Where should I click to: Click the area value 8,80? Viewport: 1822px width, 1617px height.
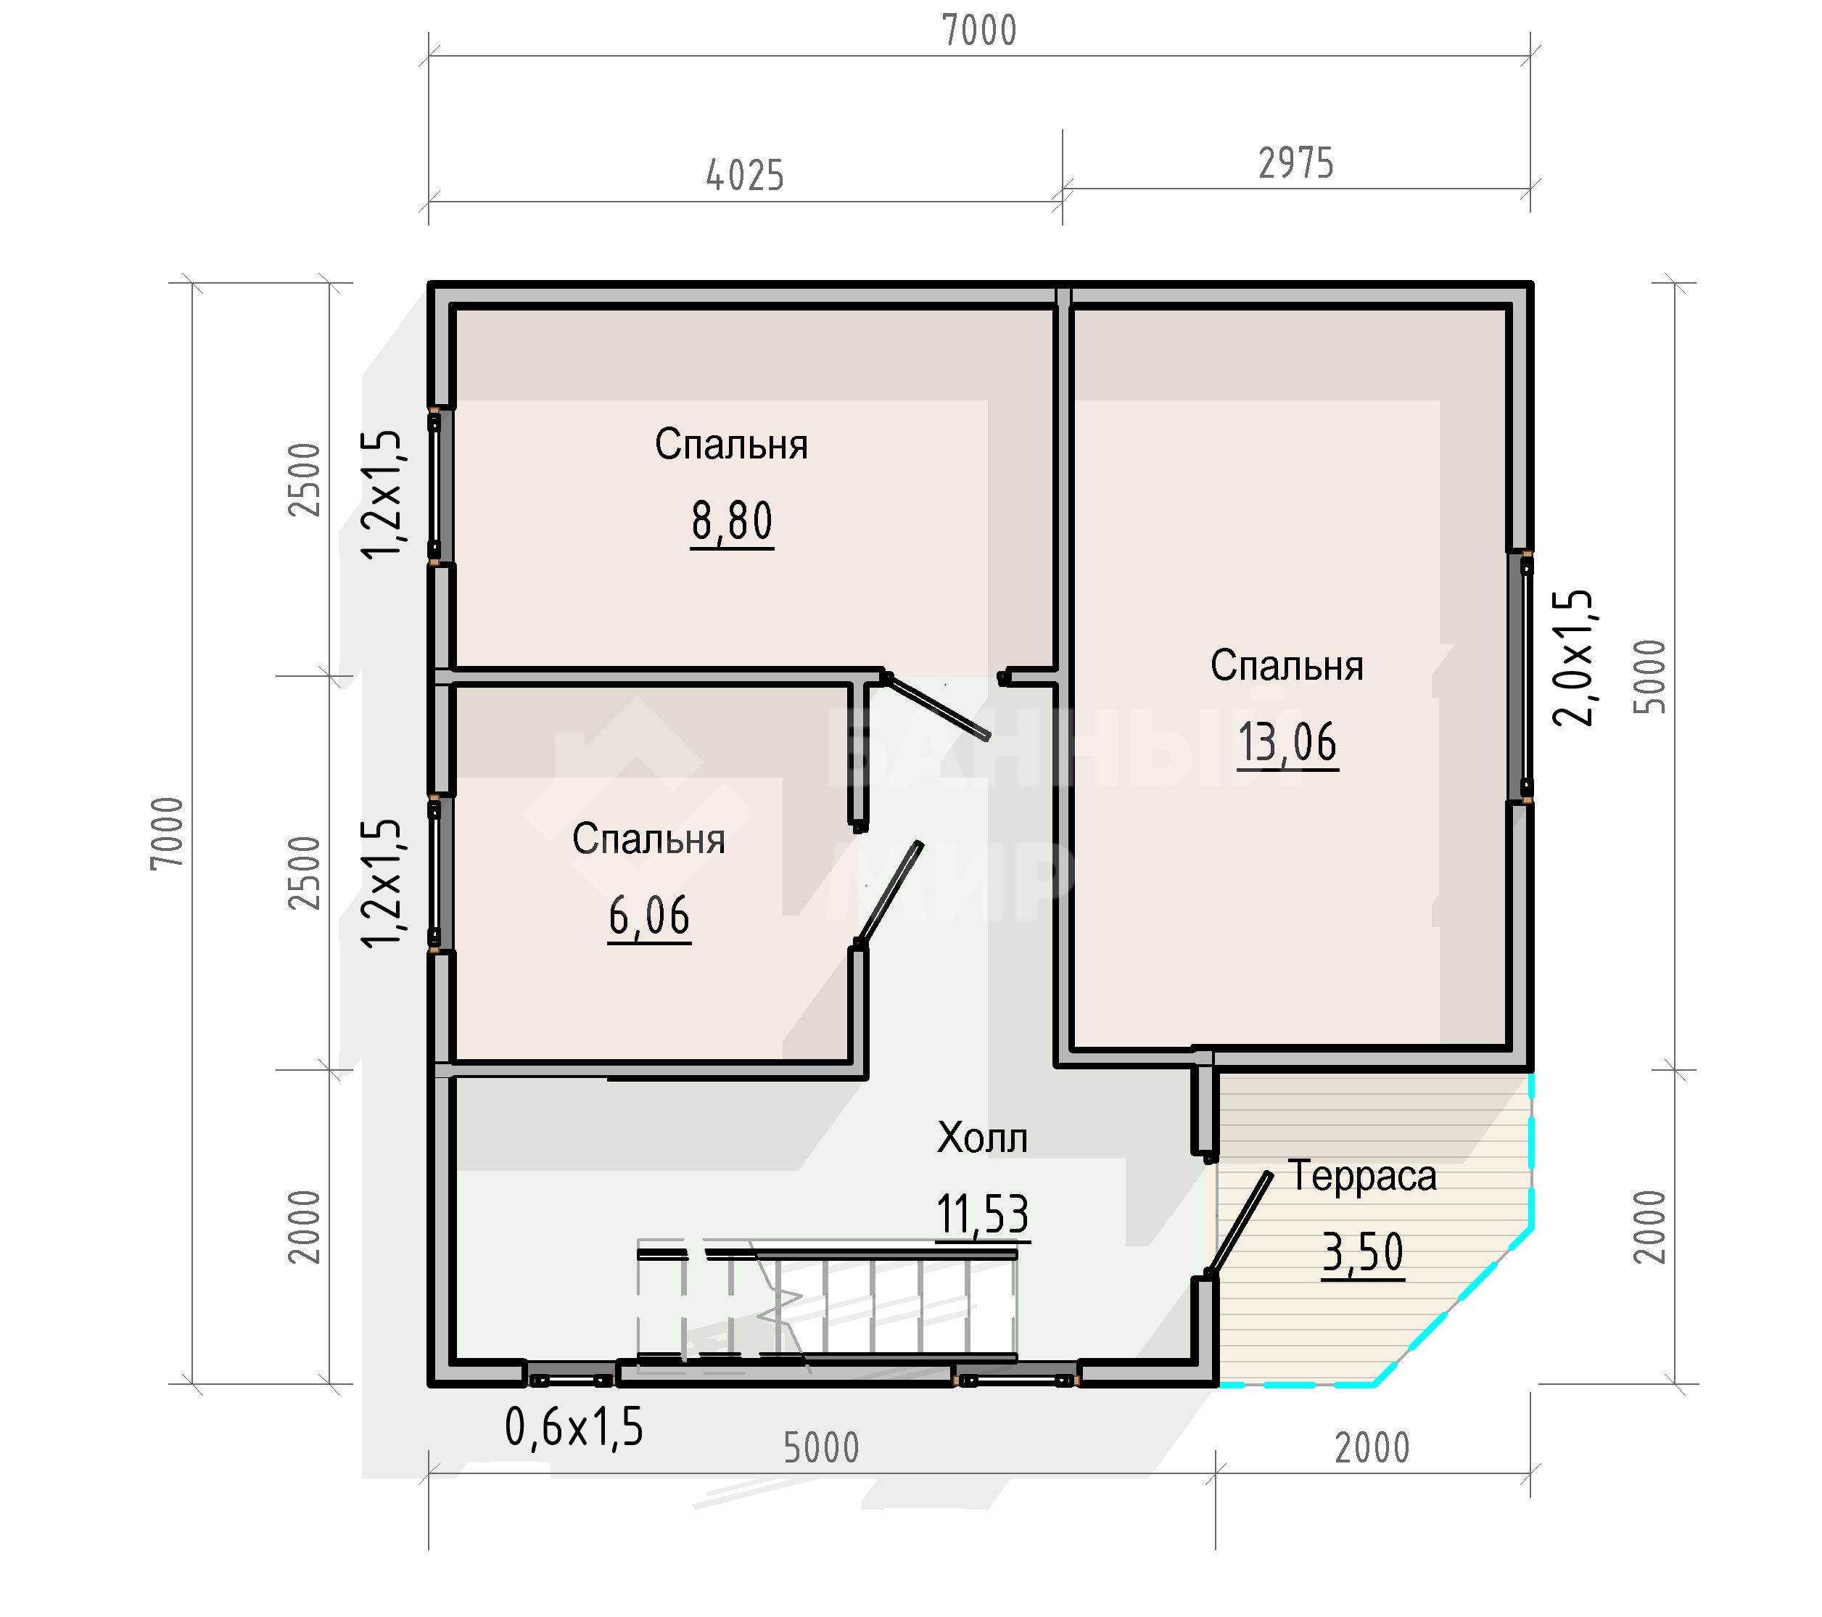(x=732, y=522)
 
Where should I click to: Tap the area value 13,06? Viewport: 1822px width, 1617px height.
(x=1287, y=743)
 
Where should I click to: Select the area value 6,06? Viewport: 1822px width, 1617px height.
(x=649, y=916)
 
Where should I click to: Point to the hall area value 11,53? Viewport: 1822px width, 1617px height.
(x=982, y=1214)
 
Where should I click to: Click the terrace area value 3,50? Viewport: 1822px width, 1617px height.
(x=1362, y=1252)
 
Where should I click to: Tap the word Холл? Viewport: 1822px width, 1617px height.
(x=982, y=1138)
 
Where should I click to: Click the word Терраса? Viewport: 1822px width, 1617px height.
(x=1362, y=1176)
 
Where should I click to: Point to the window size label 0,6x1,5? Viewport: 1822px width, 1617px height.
(x=573, y=1427)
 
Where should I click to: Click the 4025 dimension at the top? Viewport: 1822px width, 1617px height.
(x=745, y=176)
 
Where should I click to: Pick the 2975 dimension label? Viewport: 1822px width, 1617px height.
(x=1296, y=164)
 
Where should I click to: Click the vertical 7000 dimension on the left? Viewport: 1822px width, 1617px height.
(x=167, y=833)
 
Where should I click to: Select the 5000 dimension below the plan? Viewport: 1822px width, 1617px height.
(x=821, y=1449)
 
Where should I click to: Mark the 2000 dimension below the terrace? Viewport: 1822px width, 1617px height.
(x=1372, y=1449)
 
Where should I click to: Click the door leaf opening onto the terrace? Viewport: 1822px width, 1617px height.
(x=1239, y=1225)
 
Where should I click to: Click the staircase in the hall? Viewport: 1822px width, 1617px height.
(x=827, y=1307)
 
